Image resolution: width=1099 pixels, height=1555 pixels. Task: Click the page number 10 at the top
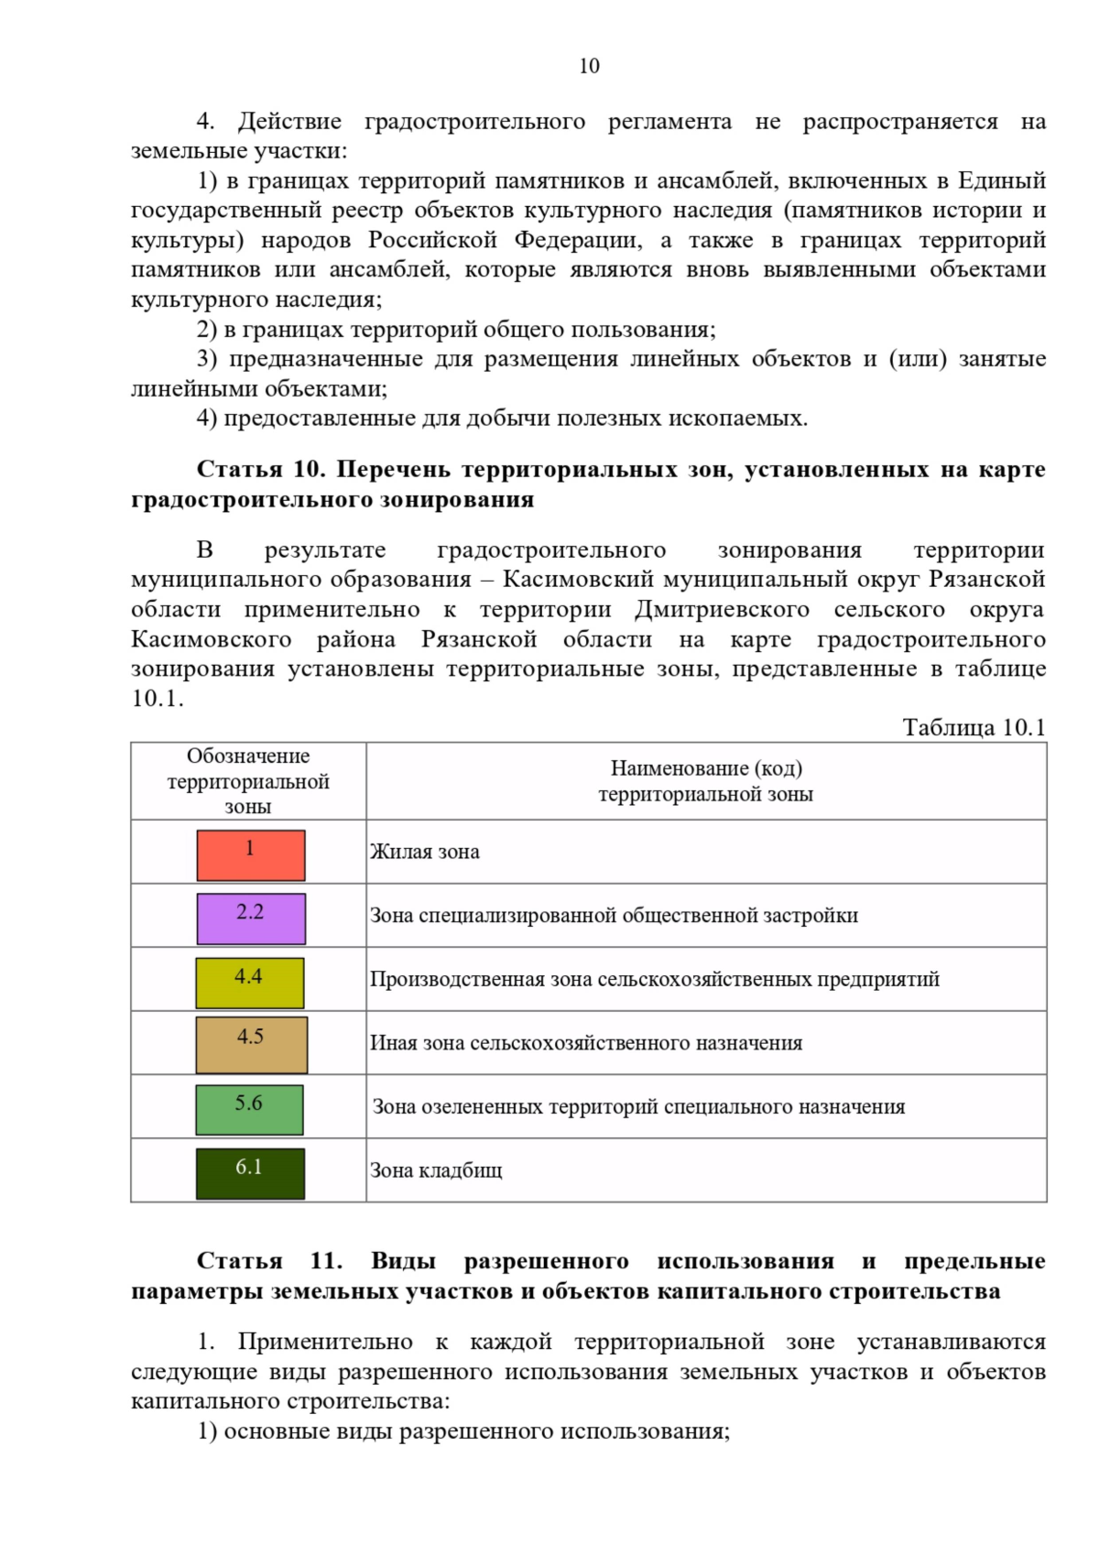(x=589, y=66)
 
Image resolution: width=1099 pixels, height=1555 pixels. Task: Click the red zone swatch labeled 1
(x=251, y=854)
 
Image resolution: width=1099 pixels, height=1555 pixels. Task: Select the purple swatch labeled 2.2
(x=251, y=919)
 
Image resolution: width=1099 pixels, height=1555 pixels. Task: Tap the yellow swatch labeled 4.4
(x=250, y=983)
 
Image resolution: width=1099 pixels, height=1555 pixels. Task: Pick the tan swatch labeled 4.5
(x=252, y=1045)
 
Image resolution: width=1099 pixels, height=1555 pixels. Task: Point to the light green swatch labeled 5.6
(x=249, y=1109)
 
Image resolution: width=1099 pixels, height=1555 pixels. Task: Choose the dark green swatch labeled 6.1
(x=250, y=1173)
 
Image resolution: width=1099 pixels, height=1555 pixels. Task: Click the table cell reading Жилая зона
(x=425, y=852)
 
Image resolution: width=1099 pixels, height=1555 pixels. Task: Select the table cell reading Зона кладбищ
(x=436, y=1170)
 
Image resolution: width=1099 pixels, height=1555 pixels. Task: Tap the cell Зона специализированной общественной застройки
(x=614, y=916)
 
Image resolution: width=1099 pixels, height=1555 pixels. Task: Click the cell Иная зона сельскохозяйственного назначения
(x=586, y=1043)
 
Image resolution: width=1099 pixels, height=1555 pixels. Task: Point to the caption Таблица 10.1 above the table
(x=974, y=727)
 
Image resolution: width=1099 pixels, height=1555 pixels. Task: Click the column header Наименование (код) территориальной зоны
(x=705, y=781)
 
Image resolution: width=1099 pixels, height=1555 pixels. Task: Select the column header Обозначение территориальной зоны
(x=248, y=781)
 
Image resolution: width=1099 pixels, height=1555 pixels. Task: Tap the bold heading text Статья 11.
(x=269, y=1261)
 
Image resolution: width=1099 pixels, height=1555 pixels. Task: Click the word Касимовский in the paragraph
(x=578, y=580)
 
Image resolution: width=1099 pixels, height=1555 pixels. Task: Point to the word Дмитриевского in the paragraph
(x=723, y=610)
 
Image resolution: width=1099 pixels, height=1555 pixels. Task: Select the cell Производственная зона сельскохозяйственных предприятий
(x=654, y=979)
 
